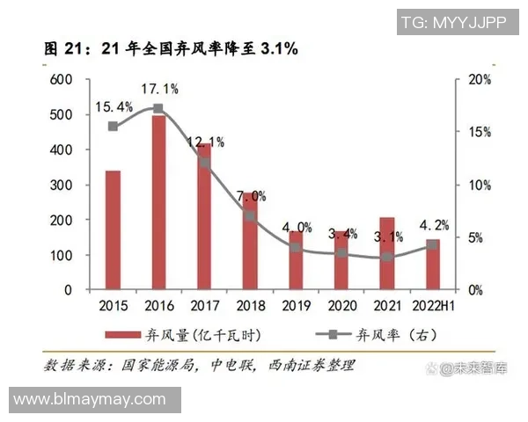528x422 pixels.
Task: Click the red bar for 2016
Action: pyautogui.click(x=158, y=202)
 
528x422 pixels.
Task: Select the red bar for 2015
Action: pyautogui.click(x=113, y=229)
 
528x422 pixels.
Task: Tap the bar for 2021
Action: pyautogui.click(x=387, y=253)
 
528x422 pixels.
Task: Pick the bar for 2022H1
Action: pyautogui.click(x=432, y=264)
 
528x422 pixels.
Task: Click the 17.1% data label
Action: pyautogui.click(x=161, y=89)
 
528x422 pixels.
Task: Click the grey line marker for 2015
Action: pyautogui.click(x=113, y=127)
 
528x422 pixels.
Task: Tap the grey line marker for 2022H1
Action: pyautogui.click(x=432, y=245)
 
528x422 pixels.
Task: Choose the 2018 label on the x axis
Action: pyautogui.click(x=250, y=306)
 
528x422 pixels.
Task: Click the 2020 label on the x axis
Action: pyautogui.click(x=341, y=306)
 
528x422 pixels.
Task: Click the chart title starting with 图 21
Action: pyautogui.click(x=172, y=49)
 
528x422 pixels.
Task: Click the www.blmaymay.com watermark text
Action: pyautogui.click(x=90, y=400)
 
